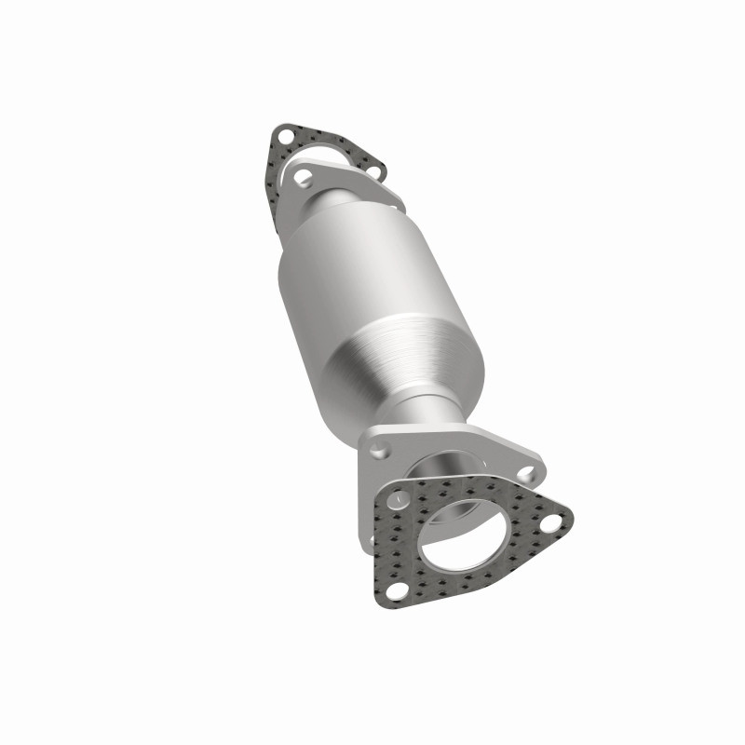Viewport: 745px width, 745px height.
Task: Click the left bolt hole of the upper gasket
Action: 283,140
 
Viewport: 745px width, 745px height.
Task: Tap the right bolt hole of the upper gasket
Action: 373,171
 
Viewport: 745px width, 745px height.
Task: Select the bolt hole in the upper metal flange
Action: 303,173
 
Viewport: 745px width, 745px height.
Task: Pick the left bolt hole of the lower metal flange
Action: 378,451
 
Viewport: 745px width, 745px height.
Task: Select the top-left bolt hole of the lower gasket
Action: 400,499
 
